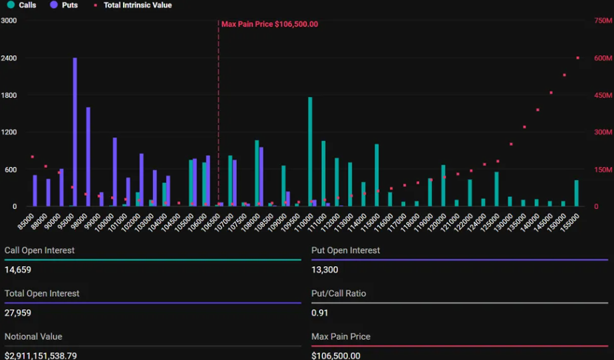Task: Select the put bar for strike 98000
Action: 88,157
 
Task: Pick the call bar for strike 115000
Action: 377,175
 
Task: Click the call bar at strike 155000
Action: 576,193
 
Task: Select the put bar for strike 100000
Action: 114,172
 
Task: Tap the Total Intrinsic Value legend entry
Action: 132,5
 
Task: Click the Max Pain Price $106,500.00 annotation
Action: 269,24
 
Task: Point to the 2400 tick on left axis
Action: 9,59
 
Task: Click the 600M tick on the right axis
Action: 603,59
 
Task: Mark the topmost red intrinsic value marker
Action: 577,58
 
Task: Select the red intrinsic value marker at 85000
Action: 32,157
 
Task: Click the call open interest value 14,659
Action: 18,270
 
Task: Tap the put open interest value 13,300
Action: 325,270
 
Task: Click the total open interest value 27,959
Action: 18,313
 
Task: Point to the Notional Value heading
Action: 33,337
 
